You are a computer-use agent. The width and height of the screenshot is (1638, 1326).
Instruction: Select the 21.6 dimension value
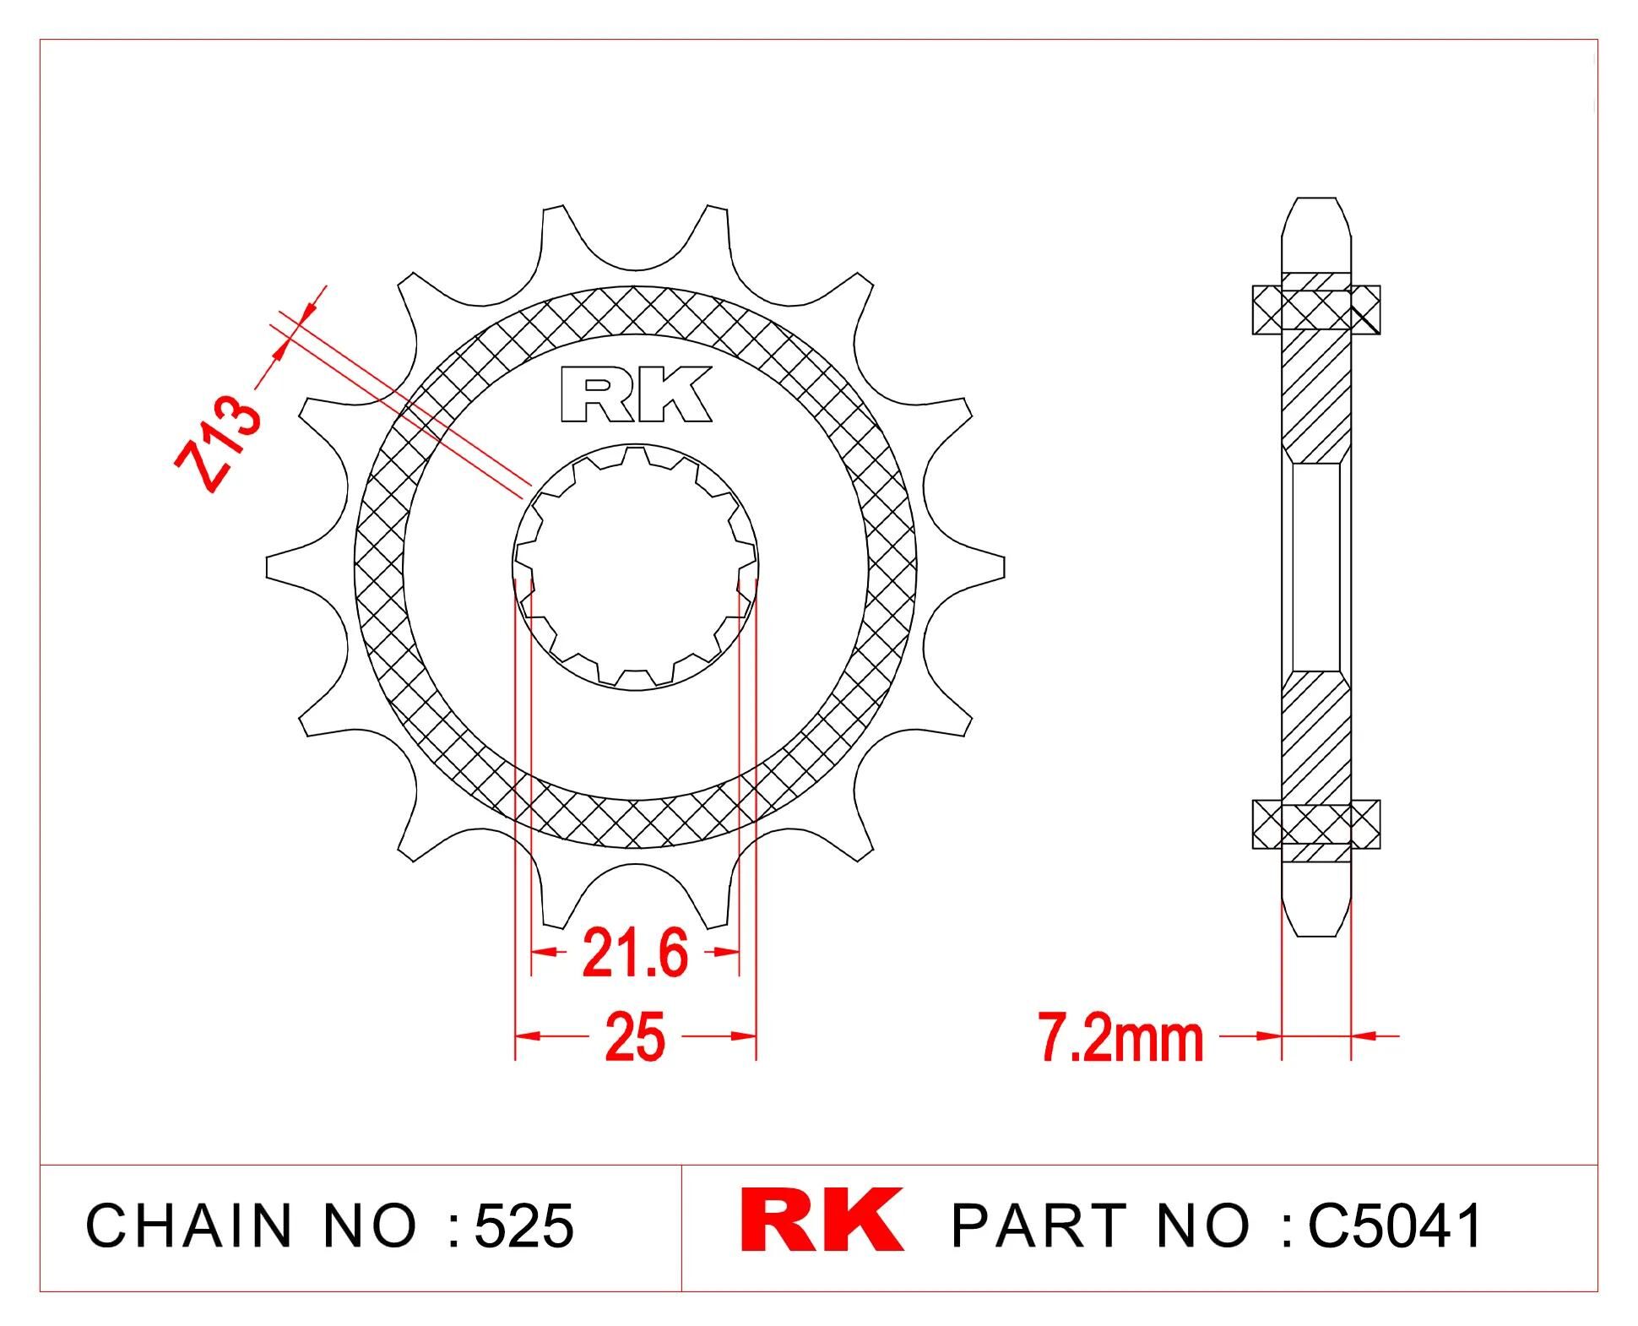[635, 953]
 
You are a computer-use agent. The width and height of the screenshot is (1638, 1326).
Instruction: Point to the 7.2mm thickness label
[1120, 1039]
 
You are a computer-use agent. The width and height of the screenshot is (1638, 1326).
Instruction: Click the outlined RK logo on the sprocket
[636, 394]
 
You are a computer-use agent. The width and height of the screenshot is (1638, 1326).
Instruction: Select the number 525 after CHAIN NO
[523, 1225]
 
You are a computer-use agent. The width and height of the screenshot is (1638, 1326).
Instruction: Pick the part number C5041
[1394, 1225]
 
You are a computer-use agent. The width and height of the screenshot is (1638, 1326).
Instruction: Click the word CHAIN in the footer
[188, 1225]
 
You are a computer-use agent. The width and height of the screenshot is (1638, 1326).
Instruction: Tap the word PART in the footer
[1038, 1225]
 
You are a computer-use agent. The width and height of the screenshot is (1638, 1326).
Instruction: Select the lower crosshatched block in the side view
[1315, 823]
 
